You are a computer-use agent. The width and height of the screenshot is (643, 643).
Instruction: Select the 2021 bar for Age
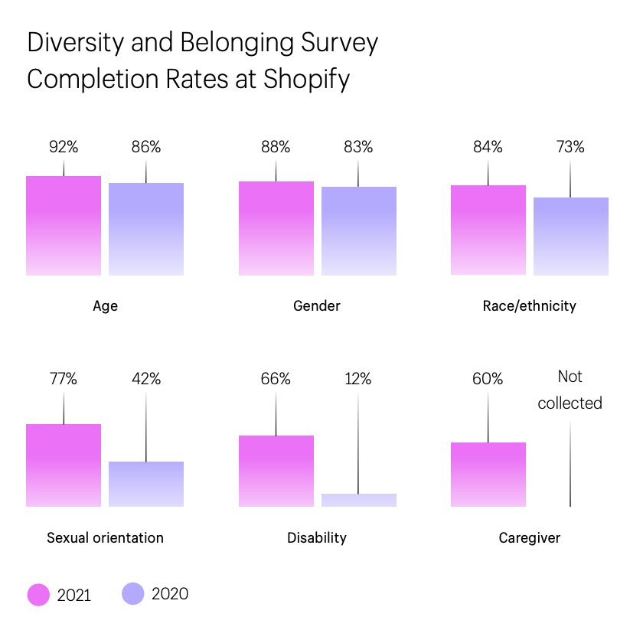(x=64, y=226)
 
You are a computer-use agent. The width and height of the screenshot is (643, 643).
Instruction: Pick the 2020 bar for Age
(x=146, y=229)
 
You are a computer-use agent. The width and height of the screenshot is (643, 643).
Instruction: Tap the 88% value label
(x=276, y=147)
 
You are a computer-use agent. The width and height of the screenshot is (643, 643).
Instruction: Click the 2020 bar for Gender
(x=359, y=231)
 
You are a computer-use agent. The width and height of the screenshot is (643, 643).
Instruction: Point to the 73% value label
(x=570, y=147)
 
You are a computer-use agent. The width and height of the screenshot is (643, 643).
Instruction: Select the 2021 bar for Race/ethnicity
(x=488, y=230)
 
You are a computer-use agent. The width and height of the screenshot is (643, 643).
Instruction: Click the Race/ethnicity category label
(x=529, y=306)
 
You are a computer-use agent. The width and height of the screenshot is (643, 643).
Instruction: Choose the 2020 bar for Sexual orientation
(x=146, y=484)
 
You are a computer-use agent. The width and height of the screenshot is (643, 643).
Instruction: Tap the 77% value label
(x=64, y=379)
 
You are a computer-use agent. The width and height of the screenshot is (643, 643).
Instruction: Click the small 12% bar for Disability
(x=359, y=500)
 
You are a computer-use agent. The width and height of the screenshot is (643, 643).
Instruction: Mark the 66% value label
(x=276, y=379)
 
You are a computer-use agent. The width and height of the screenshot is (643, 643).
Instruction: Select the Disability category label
(x=317, y=538)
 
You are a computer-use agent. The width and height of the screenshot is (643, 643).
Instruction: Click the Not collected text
(x=570, y=390)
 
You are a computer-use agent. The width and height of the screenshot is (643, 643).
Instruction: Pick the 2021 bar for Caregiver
(x=488, y=475)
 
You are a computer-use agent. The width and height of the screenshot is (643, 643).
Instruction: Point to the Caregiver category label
(x=529, y=538)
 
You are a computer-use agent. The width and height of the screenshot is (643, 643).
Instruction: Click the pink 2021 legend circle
(x=38, y=595)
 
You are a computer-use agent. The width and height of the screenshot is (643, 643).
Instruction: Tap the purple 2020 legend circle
(x=133, y=594)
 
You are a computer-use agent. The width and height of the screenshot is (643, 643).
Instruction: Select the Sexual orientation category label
(x=105, y=538)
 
